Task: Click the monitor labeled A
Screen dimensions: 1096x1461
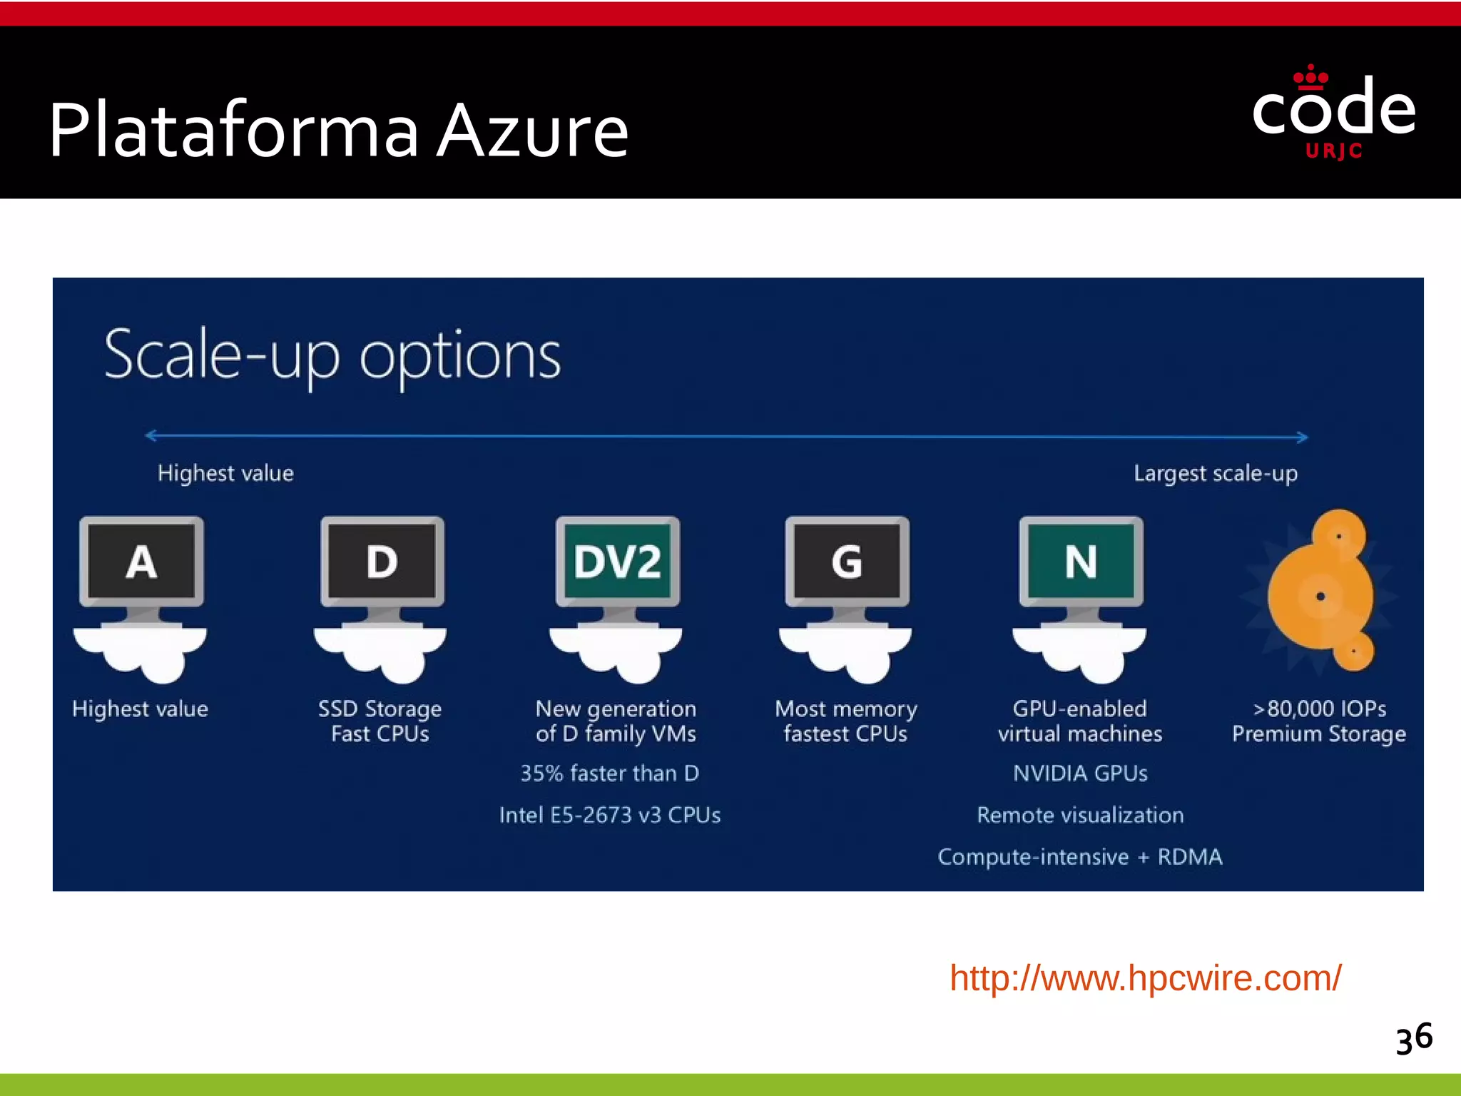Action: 141,562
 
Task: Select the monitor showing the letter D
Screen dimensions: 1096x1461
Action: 382,562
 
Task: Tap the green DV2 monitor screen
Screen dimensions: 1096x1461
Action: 618,562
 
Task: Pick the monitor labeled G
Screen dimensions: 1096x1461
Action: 847,562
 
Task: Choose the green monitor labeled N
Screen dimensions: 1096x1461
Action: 1081,562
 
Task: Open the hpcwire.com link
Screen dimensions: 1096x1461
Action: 1145,978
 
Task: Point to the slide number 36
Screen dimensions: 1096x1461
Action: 1414,1038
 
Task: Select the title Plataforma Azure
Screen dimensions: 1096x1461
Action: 339,131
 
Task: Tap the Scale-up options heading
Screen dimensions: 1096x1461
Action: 332,356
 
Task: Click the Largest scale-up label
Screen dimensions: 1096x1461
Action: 1216,473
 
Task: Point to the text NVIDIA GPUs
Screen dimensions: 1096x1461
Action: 1080,773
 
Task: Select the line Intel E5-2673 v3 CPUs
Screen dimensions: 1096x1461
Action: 610,815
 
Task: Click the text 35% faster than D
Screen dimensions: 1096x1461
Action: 610,773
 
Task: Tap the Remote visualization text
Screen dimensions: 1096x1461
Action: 1080,815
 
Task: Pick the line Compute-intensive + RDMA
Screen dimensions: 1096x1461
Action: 1080,856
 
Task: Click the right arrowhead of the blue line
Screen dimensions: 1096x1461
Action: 1303,437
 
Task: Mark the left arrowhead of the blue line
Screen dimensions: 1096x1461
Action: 151,435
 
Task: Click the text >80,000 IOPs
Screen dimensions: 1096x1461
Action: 1320,709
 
